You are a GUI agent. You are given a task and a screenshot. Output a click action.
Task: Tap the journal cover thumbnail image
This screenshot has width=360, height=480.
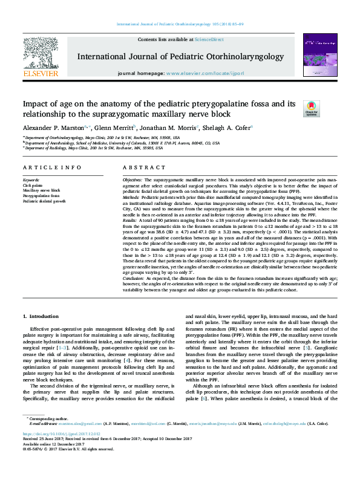(x=316, y=56)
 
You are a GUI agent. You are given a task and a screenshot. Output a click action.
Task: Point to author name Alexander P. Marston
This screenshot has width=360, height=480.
(x=53, y=128)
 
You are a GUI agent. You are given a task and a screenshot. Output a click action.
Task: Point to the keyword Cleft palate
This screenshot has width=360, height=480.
(x=33, y=186)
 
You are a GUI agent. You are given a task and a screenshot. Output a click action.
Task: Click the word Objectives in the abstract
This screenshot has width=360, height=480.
(x=133, y=181)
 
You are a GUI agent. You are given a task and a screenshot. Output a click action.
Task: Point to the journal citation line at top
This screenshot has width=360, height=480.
(x=180, y=24)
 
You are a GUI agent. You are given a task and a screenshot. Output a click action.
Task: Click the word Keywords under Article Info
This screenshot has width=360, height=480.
(x=31, y=180)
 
